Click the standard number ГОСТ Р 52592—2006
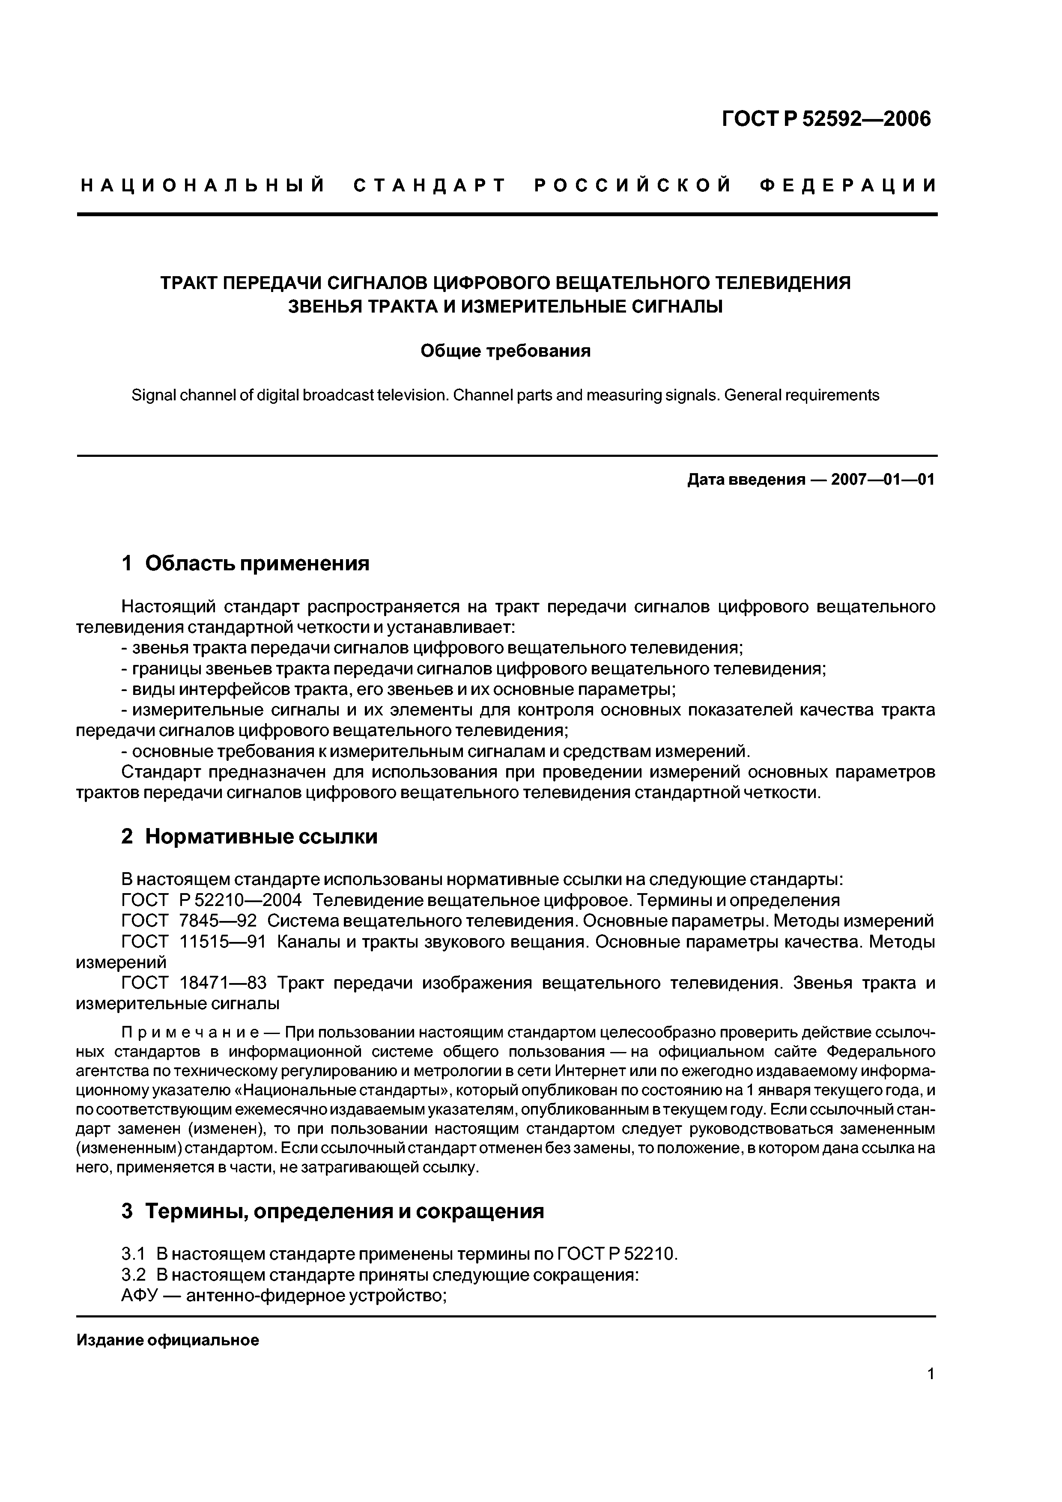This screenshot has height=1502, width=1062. pos(826,119)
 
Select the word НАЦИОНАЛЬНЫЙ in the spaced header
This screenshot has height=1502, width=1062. pos(203,186)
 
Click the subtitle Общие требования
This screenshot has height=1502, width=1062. pos(505,351)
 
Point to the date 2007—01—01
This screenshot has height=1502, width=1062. pos(883,480)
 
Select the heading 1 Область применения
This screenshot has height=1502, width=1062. pos(245,563)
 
